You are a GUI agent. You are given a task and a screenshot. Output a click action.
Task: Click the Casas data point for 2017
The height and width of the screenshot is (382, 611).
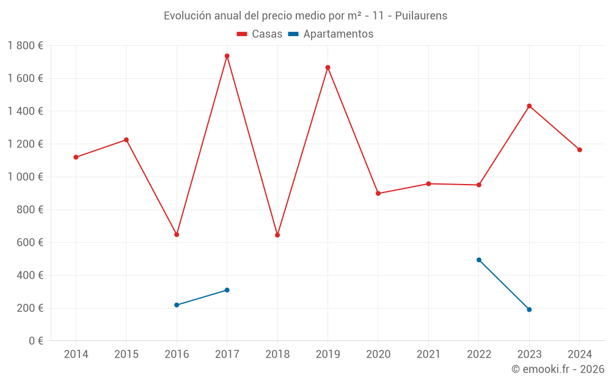coord(227,56)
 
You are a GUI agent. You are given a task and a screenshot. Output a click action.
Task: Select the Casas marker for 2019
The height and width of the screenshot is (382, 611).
coord(327,67)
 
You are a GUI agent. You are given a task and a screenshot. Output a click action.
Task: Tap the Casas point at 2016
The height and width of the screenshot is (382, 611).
coord(177,235)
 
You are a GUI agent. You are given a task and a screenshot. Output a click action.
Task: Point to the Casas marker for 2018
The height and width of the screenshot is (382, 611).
coord(277,235)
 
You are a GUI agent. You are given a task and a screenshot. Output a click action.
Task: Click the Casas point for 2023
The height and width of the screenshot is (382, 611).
coord(529,106)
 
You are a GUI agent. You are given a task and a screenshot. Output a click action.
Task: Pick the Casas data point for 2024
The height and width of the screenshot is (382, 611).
coord(579,150)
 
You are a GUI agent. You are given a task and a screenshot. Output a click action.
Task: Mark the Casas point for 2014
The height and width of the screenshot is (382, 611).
coord(76,157)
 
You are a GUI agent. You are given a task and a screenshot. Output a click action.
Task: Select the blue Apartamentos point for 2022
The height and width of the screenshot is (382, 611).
coord(479,260)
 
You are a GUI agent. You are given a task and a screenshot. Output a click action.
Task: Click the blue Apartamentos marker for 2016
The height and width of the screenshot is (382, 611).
coord(177,305)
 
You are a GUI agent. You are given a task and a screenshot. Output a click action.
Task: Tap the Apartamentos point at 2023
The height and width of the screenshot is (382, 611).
coord(529,309)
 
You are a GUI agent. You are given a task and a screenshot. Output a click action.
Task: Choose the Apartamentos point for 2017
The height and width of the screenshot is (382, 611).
coord(227,290)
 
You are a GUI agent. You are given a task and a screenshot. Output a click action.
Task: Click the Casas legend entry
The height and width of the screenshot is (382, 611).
coord(260,34)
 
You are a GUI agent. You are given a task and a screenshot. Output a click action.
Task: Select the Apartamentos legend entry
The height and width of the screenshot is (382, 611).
coord(331,34)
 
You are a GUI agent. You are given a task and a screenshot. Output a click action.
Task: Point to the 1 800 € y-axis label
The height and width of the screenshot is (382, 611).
coord(25,46)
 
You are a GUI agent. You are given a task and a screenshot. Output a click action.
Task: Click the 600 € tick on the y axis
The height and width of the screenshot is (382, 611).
coord(30,243)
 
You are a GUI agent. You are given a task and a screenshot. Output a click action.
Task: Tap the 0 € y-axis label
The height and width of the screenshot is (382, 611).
coord(35,341)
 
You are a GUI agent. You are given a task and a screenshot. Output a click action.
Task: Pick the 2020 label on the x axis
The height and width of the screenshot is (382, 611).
coord(378,354)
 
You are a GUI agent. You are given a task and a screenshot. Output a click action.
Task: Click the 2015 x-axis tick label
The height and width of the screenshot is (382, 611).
coord(126,354)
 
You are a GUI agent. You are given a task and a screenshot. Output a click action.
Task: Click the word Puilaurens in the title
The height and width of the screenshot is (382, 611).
coord(421,16)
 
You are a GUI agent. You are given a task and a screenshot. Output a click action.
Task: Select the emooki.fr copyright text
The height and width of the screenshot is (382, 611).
coord(558,369)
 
